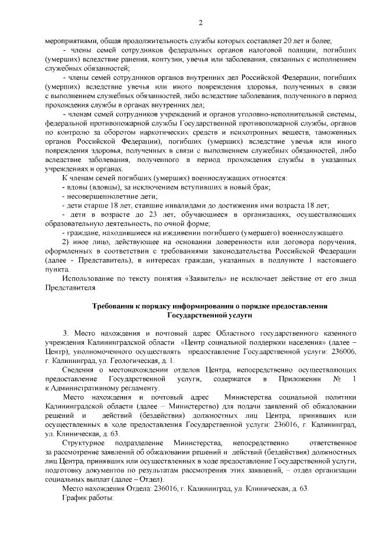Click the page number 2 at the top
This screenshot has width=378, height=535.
pyautogui.click(x=200, y=22)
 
